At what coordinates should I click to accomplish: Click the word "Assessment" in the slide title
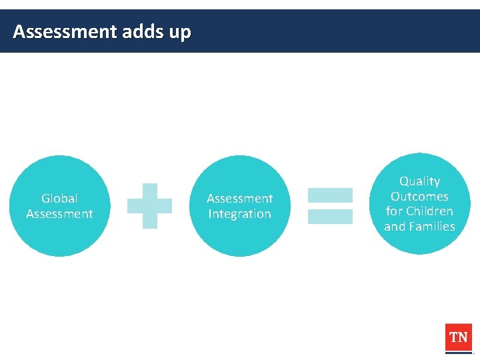click(65, 31)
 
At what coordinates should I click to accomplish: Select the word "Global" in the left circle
click(59, 198)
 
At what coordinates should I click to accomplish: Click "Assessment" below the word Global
click(59, 214)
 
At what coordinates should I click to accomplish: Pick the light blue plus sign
click(149, 206)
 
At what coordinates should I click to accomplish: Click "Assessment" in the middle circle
click(240, 199)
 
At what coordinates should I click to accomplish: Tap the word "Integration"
click(240, 214)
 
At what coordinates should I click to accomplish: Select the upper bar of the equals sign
click(330, 195)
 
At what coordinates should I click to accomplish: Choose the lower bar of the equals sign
click(330, 216)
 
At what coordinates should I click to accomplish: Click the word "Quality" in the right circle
click(420, 181)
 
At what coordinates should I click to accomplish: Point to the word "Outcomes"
click(420, 197)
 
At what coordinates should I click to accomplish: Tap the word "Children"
click(429, 211)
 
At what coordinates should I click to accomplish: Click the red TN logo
click(459, 337)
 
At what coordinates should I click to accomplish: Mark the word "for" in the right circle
click(394, 211)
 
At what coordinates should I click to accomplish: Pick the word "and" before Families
click(394, 227)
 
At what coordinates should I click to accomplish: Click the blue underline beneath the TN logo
click(459, 353)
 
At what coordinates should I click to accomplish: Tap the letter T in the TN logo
click(453, 337)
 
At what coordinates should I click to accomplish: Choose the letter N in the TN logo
click(463, 337)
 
